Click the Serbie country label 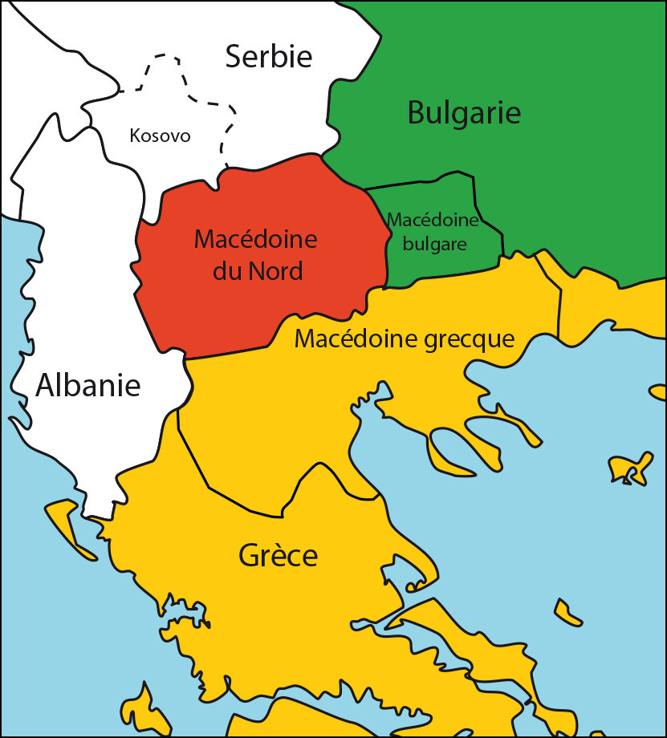coord(268,56)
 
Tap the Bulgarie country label coord(464,112)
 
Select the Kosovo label coord(161,136)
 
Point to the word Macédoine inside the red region coord(256,239)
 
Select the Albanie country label coord(88,386)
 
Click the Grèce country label coord(279,555)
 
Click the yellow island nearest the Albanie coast coord(68,525)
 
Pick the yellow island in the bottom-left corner coord(136,710)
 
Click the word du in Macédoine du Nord coord(227,271)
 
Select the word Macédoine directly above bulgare coord(433,220)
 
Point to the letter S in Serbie coord(234,57)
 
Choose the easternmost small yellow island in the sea coord(630,469)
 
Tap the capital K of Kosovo coord(135,136)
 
